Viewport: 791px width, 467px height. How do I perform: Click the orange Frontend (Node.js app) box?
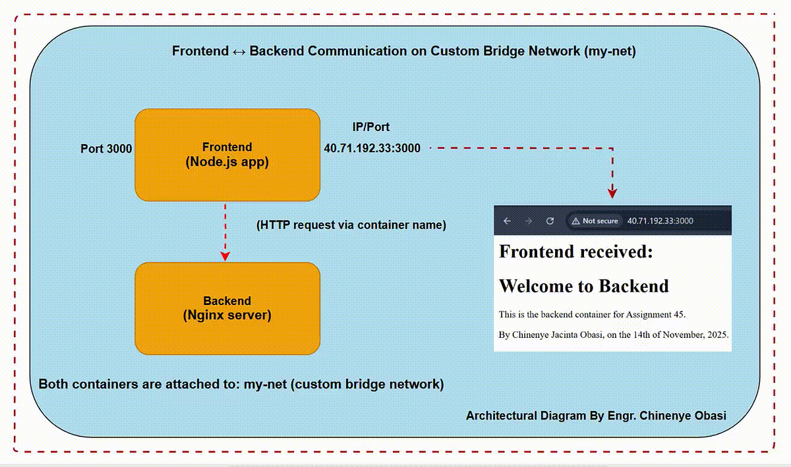point(227,155)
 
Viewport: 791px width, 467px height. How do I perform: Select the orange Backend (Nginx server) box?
point(227,308)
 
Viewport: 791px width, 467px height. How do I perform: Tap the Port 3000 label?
point(106,149)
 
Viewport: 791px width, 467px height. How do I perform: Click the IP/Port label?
point(370,126)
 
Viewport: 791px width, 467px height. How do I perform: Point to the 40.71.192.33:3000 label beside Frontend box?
point(372,148)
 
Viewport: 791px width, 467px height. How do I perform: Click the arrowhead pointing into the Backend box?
point(225,256)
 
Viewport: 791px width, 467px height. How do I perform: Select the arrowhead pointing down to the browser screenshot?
point(612,193)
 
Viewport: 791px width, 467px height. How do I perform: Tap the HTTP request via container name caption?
point(351,225)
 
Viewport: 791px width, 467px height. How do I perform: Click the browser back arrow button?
point(507,221)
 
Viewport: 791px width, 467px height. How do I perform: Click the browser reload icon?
point(550,221)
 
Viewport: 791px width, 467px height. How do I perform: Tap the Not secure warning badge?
point(595,221)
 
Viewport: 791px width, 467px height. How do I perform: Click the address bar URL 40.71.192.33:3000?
point(660,221)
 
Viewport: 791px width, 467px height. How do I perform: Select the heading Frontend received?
point(576,252)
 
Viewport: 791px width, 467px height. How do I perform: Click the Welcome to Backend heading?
point(584,286)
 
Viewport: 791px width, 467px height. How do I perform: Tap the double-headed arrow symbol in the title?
point(239,52)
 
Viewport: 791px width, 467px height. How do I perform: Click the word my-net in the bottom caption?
point(265,384)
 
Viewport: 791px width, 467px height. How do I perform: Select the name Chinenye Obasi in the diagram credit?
point(683,416)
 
